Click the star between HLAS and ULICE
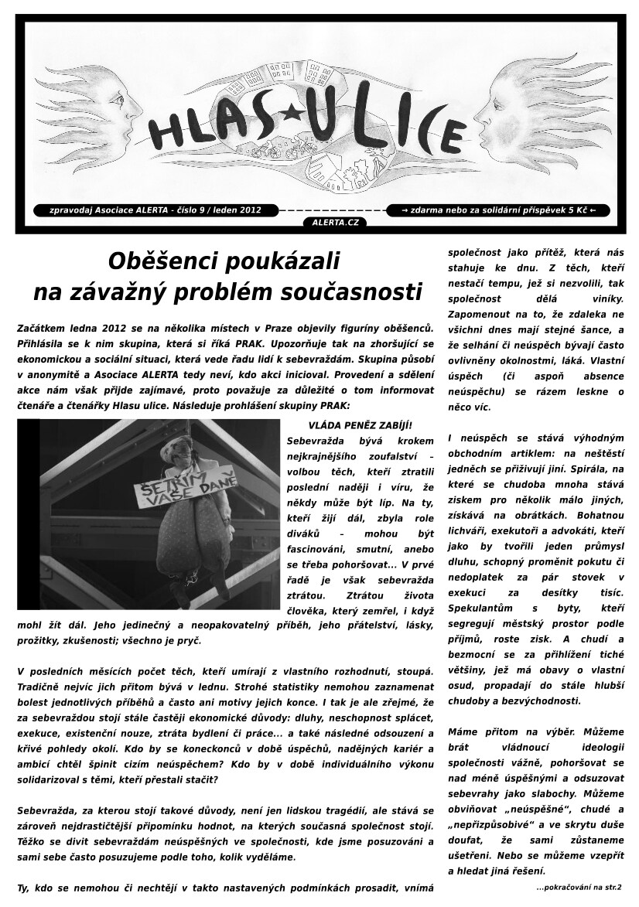coord(292,113)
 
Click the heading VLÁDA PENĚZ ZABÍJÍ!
coord(360,425)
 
